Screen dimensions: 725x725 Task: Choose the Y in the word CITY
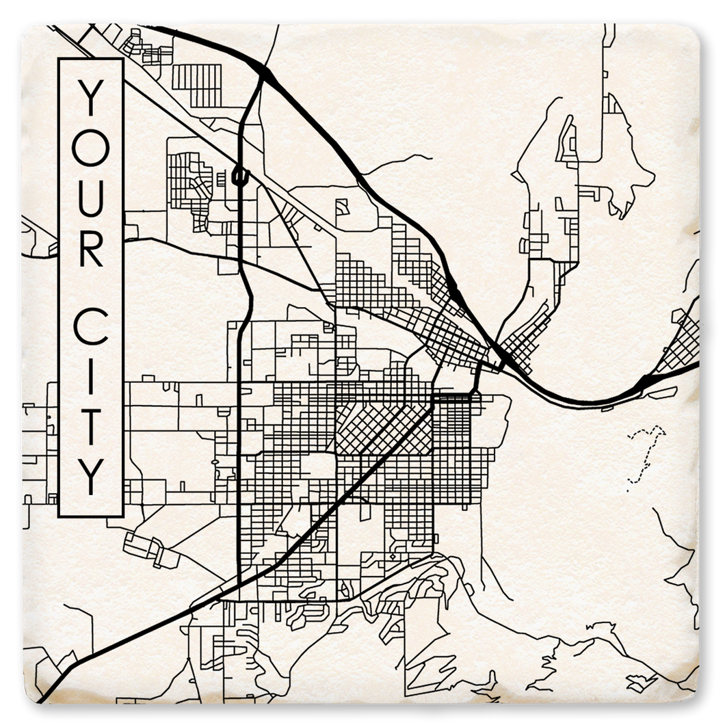tap(90, 472)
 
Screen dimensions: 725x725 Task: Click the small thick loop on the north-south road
tap(239, 176)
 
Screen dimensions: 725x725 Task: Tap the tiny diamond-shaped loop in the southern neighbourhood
tap(393, 557)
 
